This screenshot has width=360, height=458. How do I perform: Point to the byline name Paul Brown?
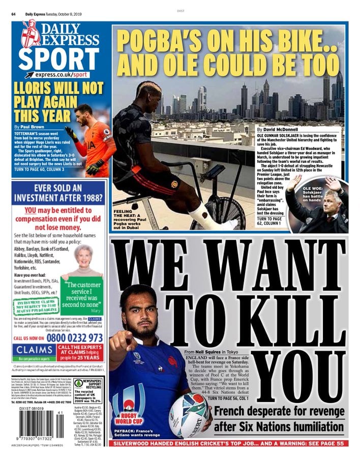pyautogui.click(x=31, y=126)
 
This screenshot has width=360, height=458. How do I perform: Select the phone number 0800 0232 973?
pyautogui.click(x=75, y=337)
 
